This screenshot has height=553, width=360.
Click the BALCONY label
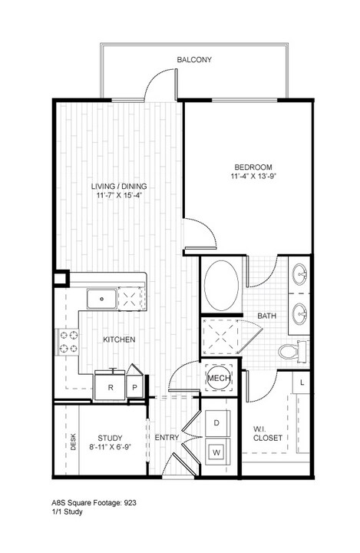(194, 60)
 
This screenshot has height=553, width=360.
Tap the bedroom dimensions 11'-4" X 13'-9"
(253, 176)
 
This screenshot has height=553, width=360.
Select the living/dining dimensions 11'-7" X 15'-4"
(119, 195)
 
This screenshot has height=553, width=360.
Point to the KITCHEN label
(119, 339)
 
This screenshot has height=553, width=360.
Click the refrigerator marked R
(111, 386)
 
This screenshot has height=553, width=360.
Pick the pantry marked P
(134, 386)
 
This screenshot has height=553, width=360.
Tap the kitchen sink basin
(102, 299)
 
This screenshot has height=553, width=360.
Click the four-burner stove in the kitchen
(68, 341)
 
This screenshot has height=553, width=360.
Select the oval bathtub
(222, 286)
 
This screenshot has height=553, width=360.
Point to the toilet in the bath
(293, 351)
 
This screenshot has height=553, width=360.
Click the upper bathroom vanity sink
(299, 274)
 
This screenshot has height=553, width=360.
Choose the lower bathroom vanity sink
(299, 313)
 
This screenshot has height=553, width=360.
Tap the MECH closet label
(219, 379)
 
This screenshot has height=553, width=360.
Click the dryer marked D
(217, 423)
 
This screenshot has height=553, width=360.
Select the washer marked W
(216, 452)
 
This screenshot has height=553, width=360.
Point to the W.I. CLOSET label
(268, 433)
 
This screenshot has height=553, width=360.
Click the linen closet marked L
(302, 382)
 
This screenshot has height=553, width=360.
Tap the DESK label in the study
(74, 442)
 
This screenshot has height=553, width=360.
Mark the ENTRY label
(167, 437)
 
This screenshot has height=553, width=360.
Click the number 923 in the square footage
(130, 503)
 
